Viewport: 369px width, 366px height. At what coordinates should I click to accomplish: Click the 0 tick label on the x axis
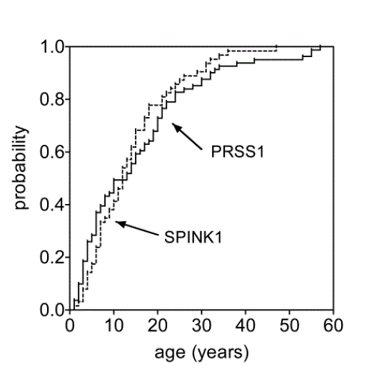tap(69, 326)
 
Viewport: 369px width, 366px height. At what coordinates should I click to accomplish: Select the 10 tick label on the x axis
tap(113, 326)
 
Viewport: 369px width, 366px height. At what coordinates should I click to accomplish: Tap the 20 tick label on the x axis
tap(157, 326)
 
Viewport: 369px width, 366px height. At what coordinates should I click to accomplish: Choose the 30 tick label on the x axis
tap(201, 326)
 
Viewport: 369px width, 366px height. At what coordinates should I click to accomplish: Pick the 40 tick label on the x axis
tap(245, 326)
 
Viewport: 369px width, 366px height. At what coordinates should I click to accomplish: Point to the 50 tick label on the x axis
tap(289, 326)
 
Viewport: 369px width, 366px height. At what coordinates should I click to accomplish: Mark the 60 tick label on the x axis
tap(333, 326)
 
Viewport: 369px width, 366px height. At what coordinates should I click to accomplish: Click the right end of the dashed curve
tap(276, 47)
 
